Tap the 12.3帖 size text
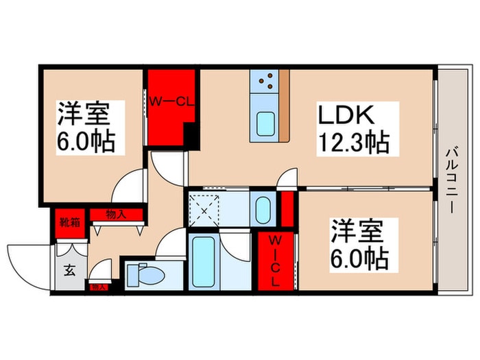tap(353, 143)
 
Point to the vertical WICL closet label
tap(274, 261)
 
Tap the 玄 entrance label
tap(70, 269)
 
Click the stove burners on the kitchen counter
tap(266, 84)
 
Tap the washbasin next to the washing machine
tap(263, 211)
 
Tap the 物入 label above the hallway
tap(116, 215)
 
